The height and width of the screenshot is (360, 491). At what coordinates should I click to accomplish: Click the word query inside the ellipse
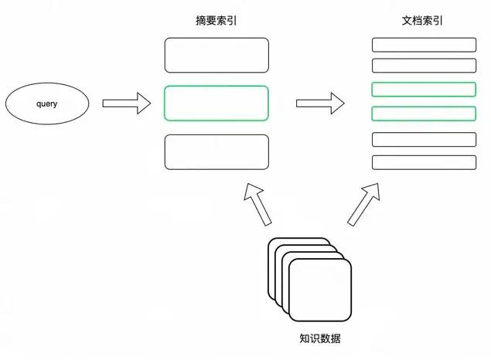[47, 104]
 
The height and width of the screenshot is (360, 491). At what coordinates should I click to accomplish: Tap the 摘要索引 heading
[217, 21]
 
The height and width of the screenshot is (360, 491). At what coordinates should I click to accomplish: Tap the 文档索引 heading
[424, 21]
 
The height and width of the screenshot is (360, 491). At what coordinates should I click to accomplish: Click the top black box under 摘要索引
[217, 55]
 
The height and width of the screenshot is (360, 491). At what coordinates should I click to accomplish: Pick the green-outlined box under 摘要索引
[217, 103]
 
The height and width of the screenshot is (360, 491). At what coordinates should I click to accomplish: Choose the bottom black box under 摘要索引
[217, 151]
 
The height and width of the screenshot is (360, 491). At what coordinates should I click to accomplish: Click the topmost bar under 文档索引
[424, 45]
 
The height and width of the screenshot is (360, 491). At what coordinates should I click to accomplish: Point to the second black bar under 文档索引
[424, 66]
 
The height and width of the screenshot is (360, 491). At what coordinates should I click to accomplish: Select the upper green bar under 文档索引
[424, 89]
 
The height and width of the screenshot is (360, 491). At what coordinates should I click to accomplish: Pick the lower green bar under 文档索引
[424, 114]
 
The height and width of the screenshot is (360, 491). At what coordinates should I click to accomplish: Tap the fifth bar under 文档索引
[424, 139]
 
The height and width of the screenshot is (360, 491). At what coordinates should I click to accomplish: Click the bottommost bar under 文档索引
[424, 162]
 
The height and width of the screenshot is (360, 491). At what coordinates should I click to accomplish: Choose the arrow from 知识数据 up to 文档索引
[363, 204]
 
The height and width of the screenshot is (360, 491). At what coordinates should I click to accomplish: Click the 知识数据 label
[319, 338]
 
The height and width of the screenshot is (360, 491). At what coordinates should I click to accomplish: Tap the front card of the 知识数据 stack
[320, 290]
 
